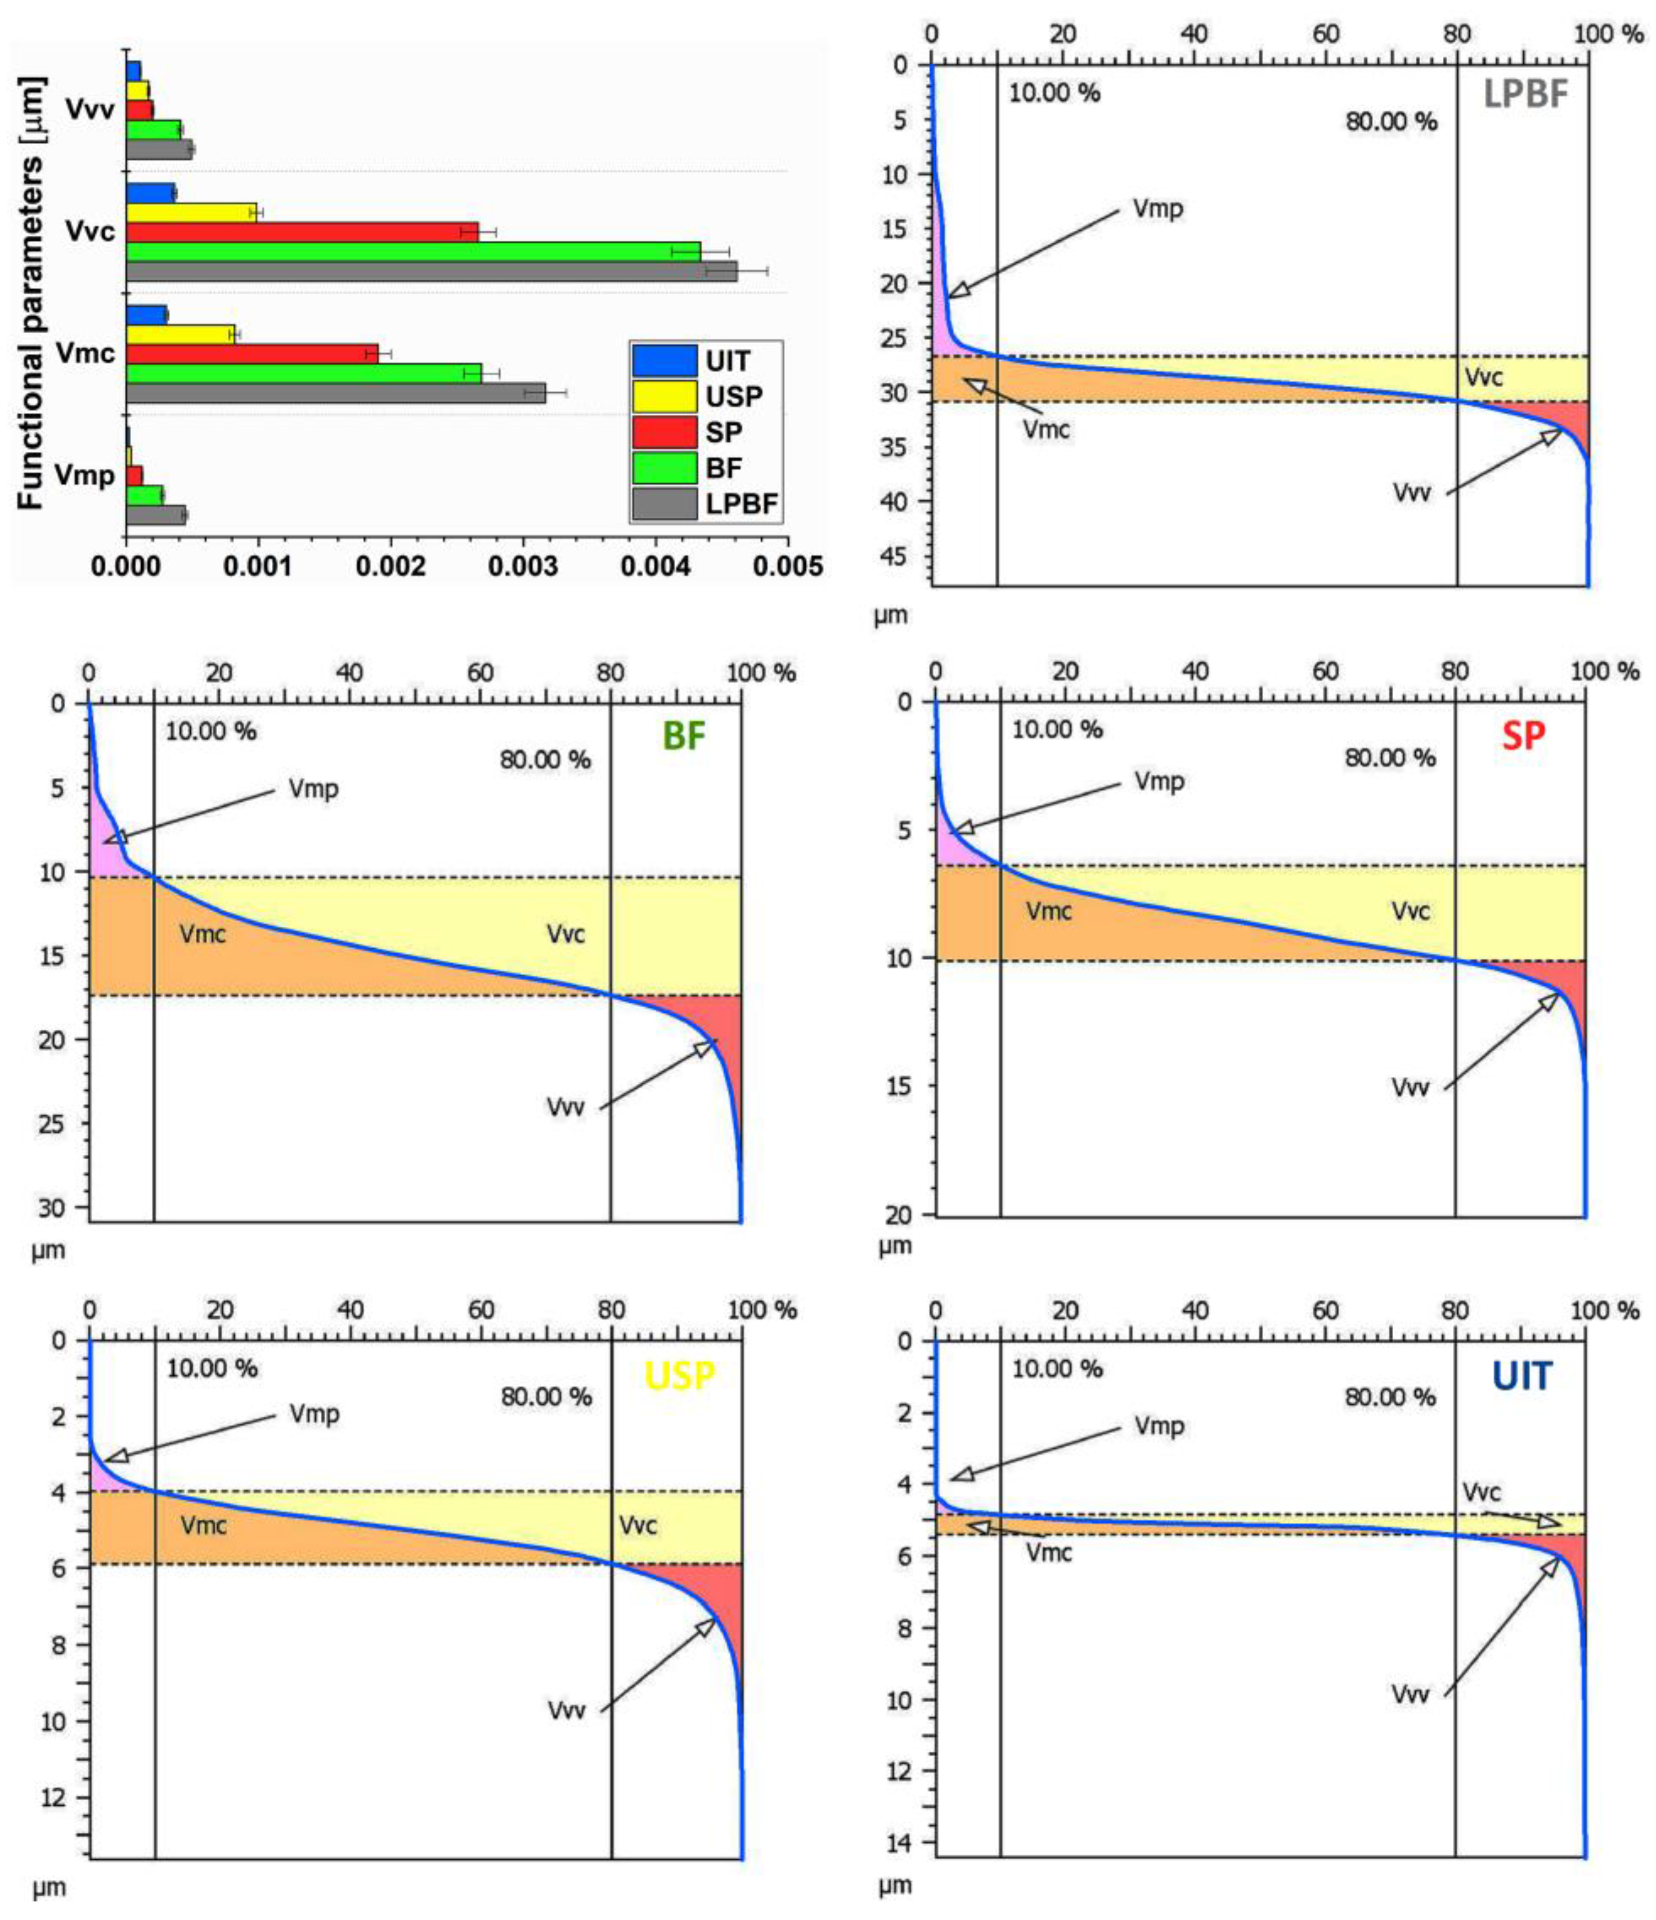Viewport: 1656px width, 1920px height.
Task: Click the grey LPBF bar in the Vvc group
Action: tap(431, 271)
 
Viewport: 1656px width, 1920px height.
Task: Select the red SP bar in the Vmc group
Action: tap(252, 353)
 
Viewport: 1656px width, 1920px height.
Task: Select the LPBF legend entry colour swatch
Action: tap(663, 505)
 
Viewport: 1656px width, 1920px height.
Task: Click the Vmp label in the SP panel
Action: tap(1159, 781)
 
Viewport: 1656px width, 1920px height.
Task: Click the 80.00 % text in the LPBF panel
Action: tap(1391, 122)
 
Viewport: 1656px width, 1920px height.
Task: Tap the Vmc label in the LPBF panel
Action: tap(1046, 429)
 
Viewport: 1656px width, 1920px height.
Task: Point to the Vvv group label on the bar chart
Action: tap(90, 109)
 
